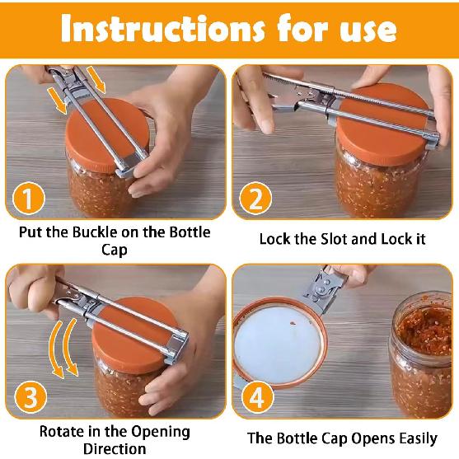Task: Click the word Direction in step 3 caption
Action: pyautogui.click(x=115, y=449)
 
